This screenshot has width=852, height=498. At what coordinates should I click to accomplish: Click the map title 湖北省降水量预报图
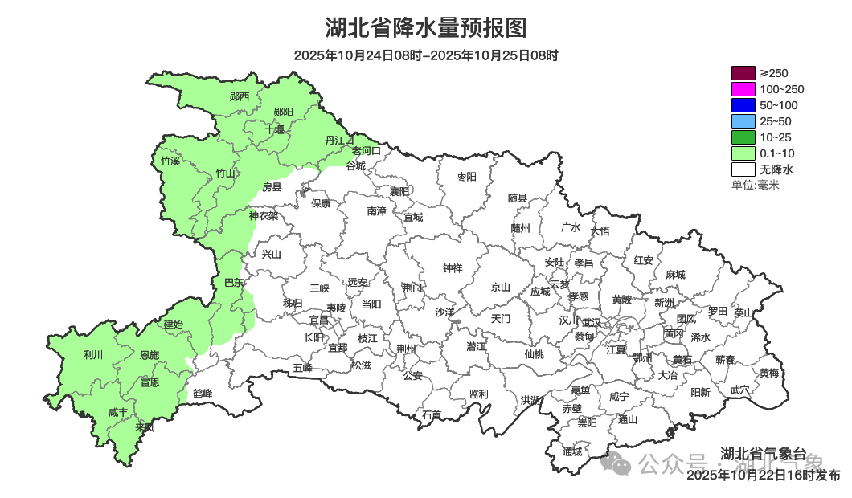click(x=425, y=28)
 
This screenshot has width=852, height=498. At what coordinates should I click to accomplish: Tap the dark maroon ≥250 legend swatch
click(x=743, y=73)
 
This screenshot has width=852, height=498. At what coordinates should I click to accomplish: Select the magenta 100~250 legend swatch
click(x=743, y=89)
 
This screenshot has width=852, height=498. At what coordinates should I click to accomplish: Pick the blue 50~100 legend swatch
click(x=743, y=105)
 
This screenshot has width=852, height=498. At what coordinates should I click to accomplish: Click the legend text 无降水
click(x=776, y=169)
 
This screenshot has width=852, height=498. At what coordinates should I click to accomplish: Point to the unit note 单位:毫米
click(x=756, y=185)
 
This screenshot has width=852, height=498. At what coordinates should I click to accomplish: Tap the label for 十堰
click(x=275, y=129)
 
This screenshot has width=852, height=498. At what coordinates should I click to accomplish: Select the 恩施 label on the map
click(x=150, y=355)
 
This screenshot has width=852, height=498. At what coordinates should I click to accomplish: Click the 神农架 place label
click(x=263, y=215)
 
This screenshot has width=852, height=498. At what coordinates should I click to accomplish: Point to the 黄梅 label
click(x=768, y=373)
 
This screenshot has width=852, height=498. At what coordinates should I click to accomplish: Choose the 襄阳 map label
click(x=399, y=191)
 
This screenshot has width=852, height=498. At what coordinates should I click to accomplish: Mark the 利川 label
click(x=93, y=354)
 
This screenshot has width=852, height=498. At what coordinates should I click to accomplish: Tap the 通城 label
click(x=572, y=451)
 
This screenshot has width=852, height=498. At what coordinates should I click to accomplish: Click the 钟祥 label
click(x=453, y=268)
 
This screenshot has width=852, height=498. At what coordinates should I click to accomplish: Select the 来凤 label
click(x=145, y=427)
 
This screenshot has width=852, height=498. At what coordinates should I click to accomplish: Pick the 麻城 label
click(x=675, y=275)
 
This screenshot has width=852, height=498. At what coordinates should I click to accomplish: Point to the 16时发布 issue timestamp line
click(x=763, y=475)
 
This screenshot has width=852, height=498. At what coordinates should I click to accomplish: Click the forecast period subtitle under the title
click(x=425, y=55)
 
